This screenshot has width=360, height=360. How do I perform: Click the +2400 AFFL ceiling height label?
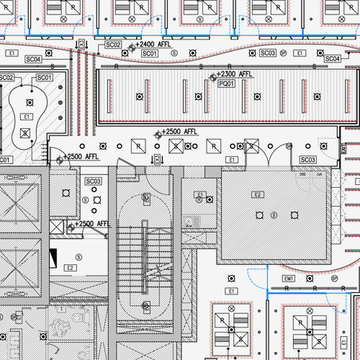pos(153,45)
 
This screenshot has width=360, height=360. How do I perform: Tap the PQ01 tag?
pos(226,84)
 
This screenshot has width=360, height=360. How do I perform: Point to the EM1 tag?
pos(289,278)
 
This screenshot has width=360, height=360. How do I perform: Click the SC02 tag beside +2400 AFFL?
pos(113,45)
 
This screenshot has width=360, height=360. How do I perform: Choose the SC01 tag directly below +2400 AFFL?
pos(150,54)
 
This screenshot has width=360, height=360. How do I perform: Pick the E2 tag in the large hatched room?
pos(257,194)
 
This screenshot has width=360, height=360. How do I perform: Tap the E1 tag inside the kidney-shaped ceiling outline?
pos(27,116)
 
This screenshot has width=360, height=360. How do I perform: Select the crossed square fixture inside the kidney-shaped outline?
pos(27,132)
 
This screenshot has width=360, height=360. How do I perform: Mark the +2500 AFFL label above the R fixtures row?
pos(180,132)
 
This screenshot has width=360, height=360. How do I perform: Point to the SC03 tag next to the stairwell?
pos(94,181)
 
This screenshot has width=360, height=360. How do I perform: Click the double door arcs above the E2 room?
pos(269,153)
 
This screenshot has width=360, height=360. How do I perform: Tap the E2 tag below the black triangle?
pos(71,268)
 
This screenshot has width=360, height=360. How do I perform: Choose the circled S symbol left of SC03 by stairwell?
pos(86,199)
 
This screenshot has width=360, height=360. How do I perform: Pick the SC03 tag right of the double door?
pos(307,159)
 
